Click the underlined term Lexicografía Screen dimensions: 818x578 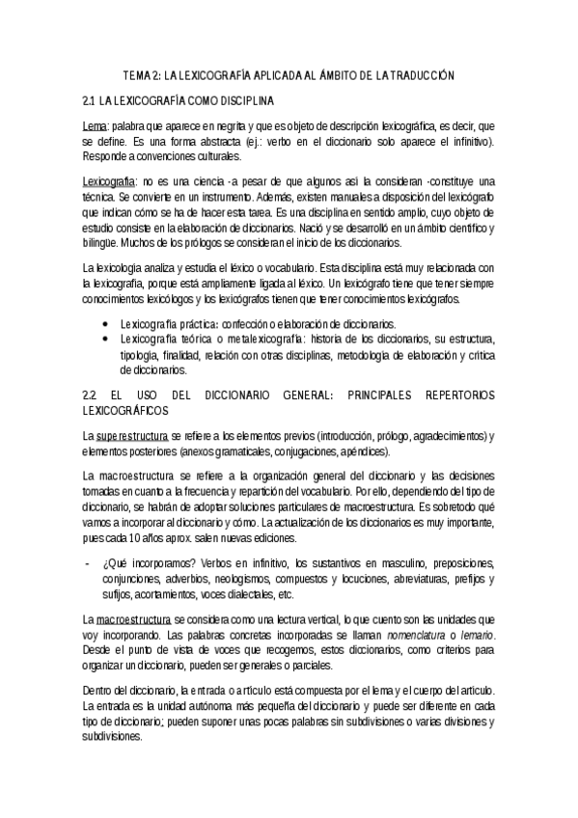pos(108,181)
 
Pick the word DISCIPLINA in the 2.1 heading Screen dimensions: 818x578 pos(245,100)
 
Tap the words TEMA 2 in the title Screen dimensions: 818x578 pos(141,74)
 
